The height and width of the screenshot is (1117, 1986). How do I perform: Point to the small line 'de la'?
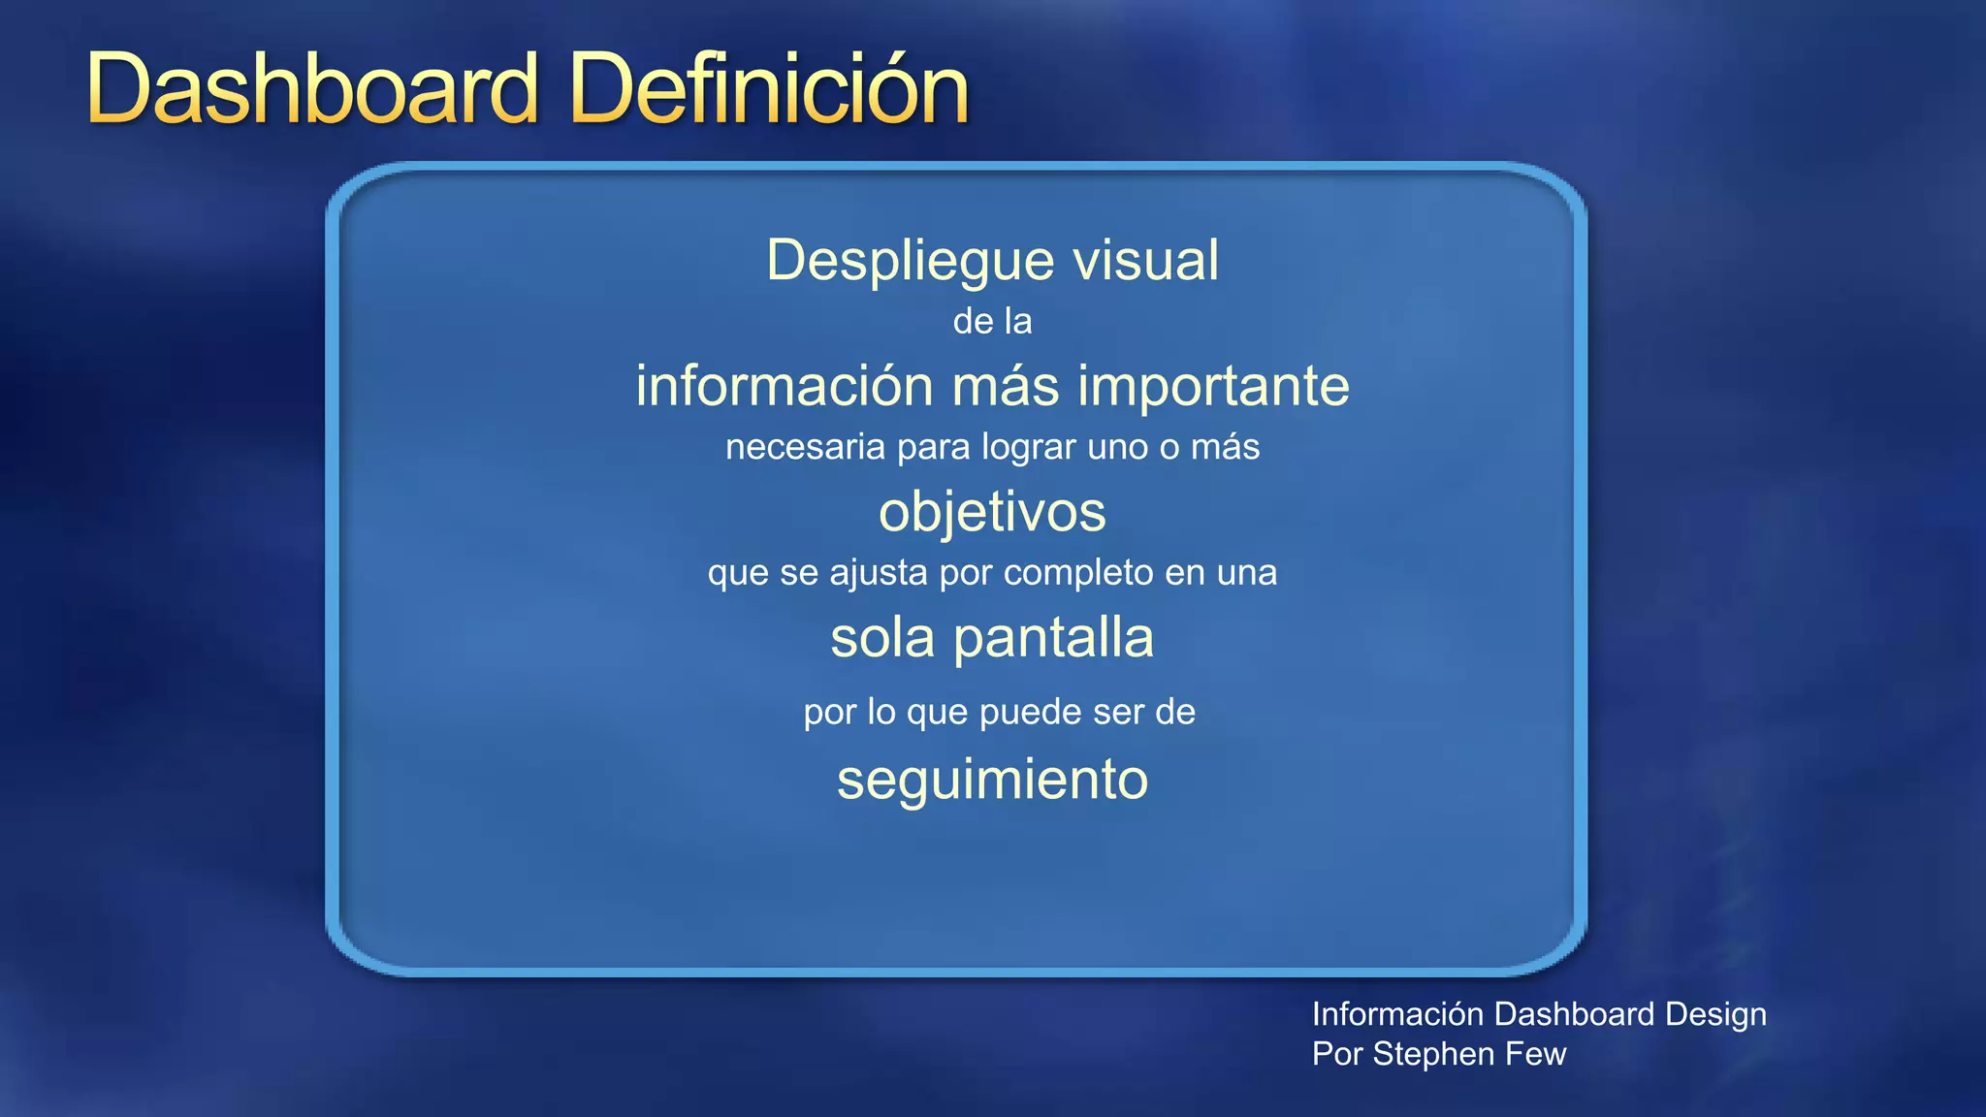992,322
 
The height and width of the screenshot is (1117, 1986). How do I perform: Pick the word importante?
1213,386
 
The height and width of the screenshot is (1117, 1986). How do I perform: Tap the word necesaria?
805,448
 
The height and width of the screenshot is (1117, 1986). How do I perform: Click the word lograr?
1029,448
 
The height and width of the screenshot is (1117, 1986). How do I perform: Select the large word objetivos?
992,512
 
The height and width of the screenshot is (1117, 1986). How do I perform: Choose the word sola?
882,638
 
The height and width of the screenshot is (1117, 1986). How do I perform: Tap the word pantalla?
1053,638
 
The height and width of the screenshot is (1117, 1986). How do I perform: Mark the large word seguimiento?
992,780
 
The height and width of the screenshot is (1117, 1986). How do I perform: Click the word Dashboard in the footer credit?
1574,1014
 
